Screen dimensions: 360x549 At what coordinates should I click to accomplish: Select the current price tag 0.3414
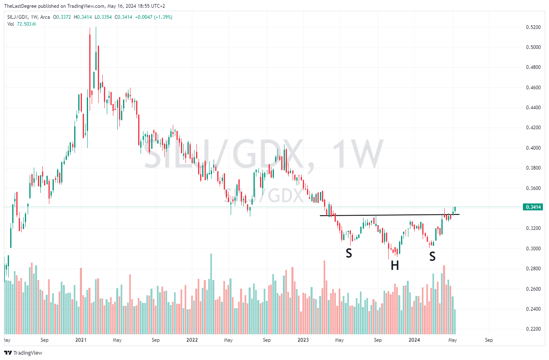pyautogui.click(x=534, y=207)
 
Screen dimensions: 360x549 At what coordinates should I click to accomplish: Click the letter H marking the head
pyautogui.click(x=395, y=266)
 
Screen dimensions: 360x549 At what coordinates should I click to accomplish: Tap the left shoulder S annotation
pyautogui.click(x=349, y=253)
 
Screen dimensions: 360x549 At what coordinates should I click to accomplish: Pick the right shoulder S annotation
pyautogui.click(x=432, y=256)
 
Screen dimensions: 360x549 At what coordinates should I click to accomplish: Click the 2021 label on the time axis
pyautogui.click(x=81, y=340)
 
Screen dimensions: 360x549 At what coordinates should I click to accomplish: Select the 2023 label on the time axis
pyautogui.click(x=303, y=340)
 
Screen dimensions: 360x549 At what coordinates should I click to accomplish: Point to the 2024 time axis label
pyautogui.click(x=415, y=340)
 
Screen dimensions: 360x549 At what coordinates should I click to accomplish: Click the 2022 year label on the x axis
pyautogui.click(x=192, y=340)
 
